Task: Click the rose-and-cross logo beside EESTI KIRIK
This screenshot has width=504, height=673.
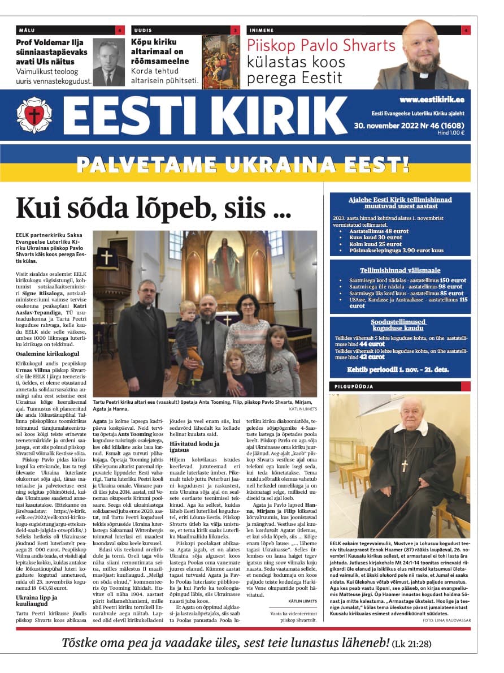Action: [x=34, y=115]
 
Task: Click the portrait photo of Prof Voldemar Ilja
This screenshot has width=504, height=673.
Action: [x=108, y=63]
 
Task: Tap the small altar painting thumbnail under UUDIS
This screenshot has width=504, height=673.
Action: [x=221, y=62]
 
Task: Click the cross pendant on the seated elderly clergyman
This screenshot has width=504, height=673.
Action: [x=405, y=465]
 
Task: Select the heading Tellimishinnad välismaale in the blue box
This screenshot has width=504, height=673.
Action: [x=400, y=270]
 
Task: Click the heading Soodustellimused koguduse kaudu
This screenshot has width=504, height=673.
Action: [x=399, y=326]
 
